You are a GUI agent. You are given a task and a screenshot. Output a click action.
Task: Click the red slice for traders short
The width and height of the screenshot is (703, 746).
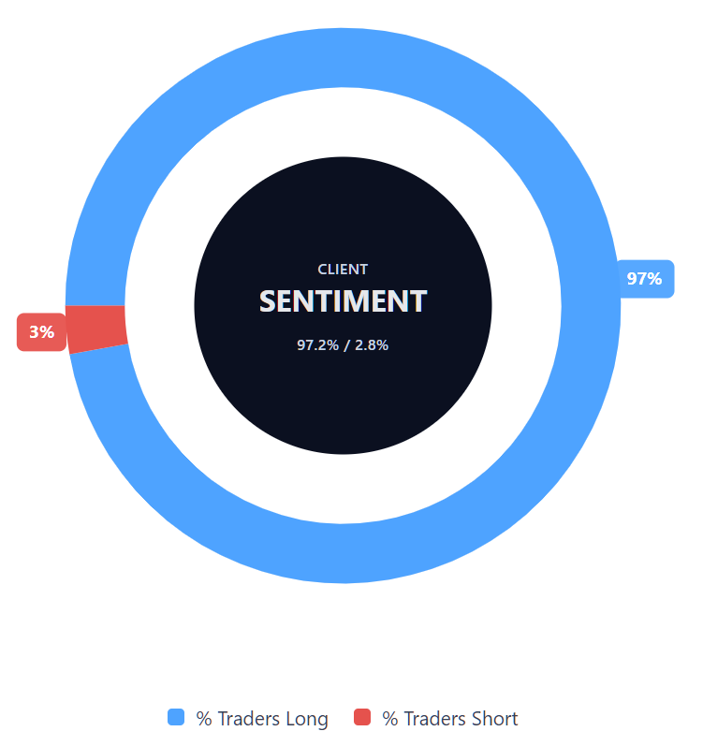(97, 329)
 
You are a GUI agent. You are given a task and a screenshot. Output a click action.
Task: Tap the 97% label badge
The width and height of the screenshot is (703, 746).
(645, 279)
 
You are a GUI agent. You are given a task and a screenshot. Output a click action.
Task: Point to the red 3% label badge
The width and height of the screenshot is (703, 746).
(42, 332)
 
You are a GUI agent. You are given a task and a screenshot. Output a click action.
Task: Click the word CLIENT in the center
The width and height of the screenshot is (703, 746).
(343, 270)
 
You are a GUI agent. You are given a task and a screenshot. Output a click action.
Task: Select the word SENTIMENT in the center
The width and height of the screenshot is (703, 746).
(343, 301)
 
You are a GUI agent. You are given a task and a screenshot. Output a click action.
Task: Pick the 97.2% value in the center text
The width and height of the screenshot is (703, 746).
(318, 345)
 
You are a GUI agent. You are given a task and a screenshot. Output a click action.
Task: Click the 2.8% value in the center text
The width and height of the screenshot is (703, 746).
(371, 345)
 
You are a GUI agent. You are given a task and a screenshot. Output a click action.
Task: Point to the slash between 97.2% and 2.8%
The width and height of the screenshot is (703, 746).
(346, 345)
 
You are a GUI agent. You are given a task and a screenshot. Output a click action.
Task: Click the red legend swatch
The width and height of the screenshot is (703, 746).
(362, 718)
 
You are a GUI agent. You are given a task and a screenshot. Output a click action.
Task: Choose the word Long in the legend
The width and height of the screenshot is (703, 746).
(307, 719)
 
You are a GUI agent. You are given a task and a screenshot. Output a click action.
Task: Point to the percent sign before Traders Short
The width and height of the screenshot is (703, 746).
(390, 719)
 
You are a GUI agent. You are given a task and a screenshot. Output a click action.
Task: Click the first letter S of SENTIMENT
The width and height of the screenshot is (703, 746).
(268, 301)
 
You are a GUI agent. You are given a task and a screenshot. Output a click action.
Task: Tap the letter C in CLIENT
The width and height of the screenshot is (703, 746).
(323, 270)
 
